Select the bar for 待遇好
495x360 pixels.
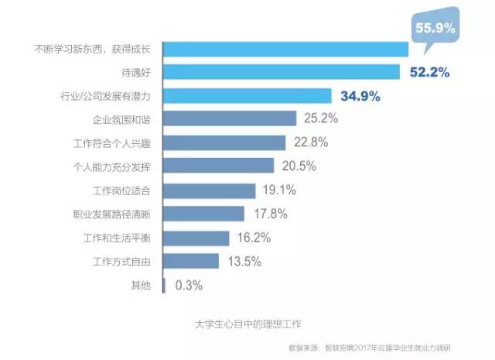(282, 72)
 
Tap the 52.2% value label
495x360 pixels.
(425, 72)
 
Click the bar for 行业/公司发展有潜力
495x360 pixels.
(247, 96)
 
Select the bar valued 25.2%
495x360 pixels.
(230, 119)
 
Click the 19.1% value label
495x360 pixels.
(281, 190)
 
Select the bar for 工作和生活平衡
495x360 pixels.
(196, 238)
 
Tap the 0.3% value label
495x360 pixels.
(189, 286)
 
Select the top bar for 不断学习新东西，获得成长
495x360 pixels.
(286, 49)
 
